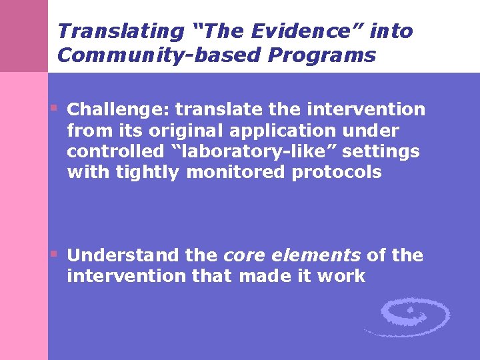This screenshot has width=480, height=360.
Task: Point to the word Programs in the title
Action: coord(322,55)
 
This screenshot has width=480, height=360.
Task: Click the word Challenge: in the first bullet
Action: coord(119,109)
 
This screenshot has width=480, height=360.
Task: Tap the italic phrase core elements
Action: coord(292,255)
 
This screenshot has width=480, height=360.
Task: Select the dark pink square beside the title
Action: coord(24,36)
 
